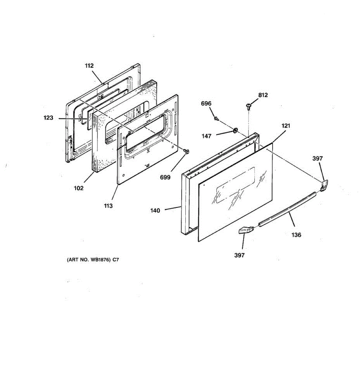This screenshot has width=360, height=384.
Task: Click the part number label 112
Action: tap(89, 66)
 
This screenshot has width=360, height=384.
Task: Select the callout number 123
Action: tap(48, 118)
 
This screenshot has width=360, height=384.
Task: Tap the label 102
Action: tap(78, 188)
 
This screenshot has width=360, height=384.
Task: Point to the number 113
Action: tap(108, 206)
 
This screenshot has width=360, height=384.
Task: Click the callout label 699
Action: tap(165, 177)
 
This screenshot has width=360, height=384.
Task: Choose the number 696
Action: tap(206, 104)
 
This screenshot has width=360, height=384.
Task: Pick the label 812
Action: tap(263, 95)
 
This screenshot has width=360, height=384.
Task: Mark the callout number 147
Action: tap(206, 136)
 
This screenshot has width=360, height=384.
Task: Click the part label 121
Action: tap(286, 126)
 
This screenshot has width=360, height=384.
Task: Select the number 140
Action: tap(155, 211)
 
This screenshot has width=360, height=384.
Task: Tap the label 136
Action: tap(296, 235)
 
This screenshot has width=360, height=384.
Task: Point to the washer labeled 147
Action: tap(235, 130)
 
